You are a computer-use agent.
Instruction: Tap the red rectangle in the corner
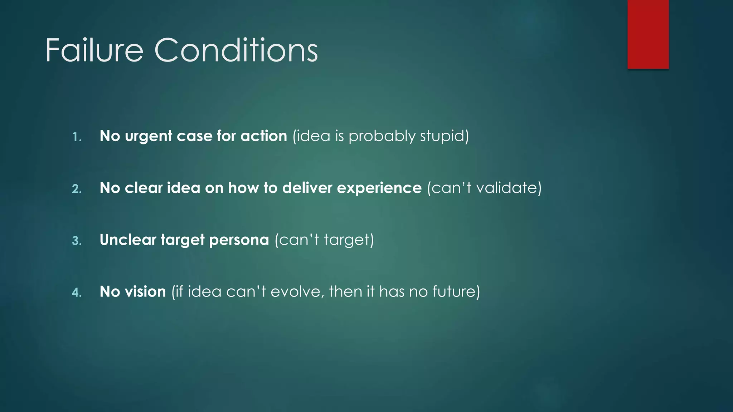648,34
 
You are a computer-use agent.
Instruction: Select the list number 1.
77,137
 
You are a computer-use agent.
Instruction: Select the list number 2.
77,189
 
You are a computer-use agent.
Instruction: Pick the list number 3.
77,241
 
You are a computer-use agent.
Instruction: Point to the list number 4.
77,293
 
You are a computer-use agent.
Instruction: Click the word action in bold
264,136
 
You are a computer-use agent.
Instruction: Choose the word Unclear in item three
128,240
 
